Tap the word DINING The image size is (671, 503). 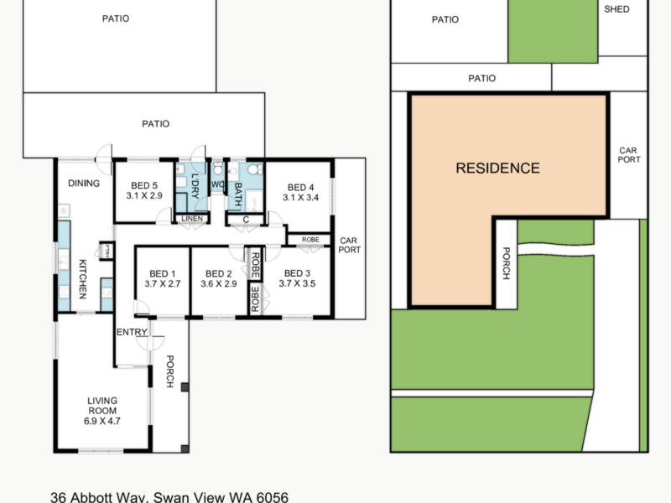(84, 184)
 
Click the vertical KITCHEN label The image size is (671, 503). (82, 279)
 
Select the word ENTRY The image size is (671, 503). (132, 333)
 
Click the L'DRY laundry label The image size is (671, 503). (195, 184)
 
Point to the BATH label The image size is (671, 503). (237, 194)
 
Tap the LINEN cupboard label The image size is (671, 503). (190, 220)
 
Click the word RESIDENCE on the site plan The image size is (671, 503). (497, 169)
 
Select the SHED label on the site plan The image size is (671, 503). (616, 8)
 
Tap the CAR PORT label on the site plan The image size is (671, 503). (629, 155)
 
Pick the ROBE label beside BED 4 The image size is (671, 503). (310, 240)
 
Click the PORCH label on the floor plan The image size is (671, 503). (169, 372)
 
